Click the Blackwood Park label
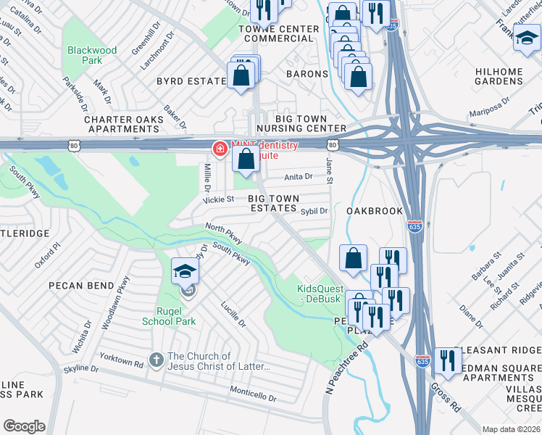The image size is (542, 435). point(91,56)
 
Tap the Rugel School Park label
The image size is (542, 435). point(169,315)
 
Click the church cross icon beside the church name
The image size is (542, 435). point(155,360)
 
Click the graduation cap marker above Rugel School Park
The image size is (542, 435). point(185,272)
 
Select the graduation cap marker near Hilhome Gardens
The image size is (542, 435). point(526,38)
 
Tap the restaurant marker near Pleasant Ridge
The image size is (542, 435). point(447,360)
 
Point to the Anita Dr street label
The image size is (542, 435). point(299,176)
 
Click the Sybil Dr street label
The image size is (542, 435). point(314,211)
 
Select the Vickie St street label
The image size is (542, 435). point(219,199)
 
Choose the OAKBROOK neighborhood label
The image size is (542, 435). point(374,211)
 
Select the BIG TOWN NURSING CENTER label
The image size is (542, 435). point(301,123)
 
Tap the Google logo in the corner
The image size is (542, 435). point(24,426)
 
